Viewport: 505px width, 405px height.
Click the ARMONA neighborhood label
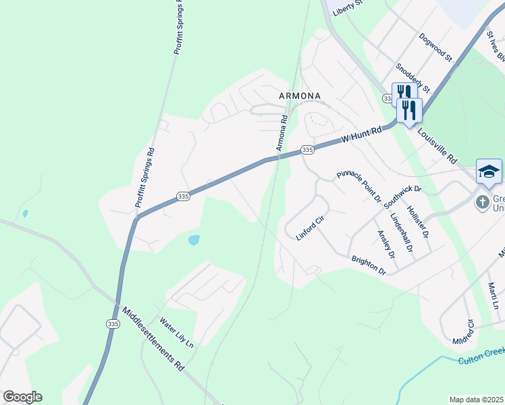[300, 96]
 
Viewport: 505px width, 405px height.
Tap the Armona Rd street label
[282, 132]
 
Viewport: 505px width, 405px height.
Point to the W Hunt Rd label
[361, 134]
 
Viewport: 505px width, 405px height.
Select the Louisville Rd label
[437, 148]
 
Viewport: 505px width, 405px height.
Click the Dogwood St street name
[435, 47]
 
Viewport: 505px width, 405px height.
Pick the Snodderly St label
[413, 78]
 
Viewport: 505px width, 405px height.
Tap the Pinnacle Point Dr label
[358, 186]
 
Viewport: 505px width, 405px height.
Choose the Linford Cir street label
[311, 228]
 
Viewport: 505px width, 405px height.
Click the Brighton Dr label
[368, 264]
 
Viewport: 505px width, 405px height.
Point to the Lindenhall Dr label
[401, 233]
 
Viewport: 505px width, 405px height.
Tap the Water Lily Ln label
[176, 333]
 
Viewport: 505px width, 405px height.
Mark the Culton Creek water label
[481, 356]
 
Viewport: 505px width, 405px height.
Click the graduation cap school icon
[489, 171]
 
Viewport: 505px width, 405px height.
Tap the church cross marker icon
[483, 201]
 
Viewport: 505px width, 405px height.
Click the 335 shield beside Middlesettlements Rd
[112, 325]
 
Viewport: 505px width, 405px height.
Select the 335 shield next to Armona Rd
[307, 149]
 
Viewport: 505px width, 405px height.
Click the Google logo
[22, 397]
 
